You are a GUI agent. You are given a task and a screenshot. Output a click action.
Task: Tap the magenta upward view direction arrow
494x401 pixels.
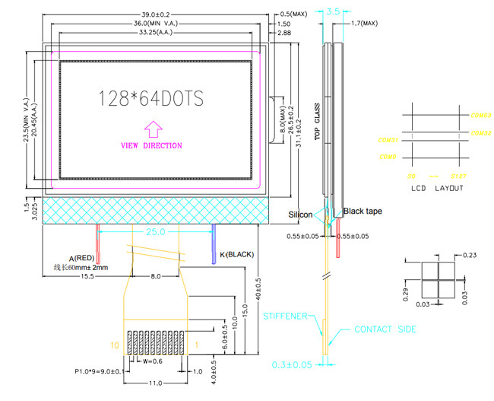click(x=152, y=128)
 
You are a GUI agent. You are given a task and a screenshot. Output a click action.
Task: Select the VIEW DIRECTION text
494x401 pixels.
click(x=152, y=145)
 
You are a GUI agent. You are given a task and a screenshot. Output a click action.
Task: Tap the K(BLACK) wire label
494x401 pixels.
click(x=236, y=253)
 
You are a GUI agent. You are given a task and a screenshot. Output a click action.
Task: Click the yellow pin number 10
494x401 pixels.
click(x=115, y=346)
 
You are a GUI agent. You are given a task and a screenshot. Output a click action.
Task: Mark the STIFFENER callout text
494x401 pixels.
click(x=284, y=314)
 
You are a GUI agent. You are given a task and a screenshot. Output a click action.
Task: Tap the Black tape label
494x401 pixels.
click(x=363, y=211)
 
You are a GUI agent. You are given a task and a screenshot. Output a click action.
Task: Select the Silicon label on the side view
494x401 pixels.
click(x=300, y=215)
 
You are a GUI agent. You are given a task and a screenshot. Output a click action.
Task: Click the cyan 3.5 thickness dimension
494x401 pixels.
click(x=333, y=11)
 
